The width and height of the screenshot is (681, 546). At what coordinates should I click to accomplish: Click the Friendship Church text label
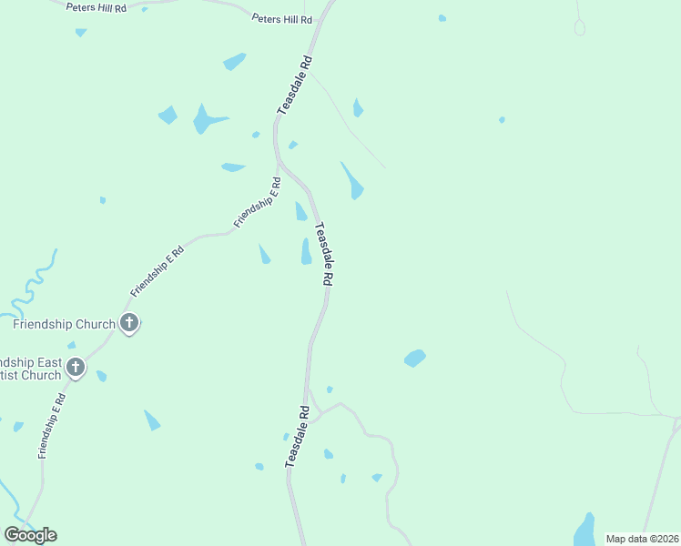point(64,324)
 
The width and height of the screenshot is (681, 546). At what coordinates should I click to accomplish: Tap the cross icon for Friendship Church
point(129,322)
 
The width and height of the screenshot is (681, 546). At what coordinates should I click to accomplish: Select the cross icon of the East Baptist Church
point(76,368)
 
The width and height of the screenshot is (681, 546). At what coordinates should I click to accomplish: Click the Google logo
point(30,535)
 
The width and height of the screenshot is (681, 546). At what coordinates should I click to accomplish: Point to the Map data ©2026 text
point(641,539)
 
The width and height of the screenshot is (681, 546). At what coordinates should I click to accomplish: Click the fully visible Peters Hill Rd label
point(281,19)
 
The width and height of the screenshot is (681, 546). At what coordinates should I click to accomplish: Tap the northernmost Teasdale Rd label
point(295,85)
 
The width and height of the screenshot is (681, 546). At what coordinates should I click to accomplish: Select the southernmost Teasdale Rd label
point(298,437)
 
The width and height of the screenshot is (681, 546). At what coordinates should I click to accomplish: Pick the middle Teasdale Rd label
point(321,256)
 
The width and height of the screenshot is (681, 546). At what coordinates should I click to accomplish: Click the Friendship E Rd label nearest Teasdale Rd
point(258,202)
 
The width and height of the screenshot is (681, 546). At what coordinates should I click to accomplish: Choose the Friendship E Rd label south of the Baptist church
point(50,425)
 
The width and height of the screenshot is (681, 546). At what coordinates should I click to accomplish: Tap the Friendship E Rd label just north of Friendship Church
point(158,270)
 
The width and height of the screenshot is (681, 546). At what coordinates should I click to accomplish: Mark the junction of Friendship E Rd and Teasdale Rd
point(277,164)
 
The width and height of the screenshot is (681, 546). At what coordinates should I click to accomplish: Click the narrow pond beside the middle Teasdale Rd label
point(307,252)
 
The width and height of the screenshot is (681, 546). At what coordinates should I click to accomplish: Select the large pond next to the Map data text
point(583,531)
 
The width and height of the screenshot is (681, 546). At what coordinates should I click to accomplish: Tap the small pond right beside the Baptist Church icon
point(101,376)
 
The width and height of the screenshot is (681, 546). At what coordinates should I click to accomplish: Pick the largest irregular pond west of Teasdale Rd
point(207,119)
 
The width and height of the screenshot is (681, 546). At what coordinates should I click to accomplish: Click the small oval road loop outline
point(579,28)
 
